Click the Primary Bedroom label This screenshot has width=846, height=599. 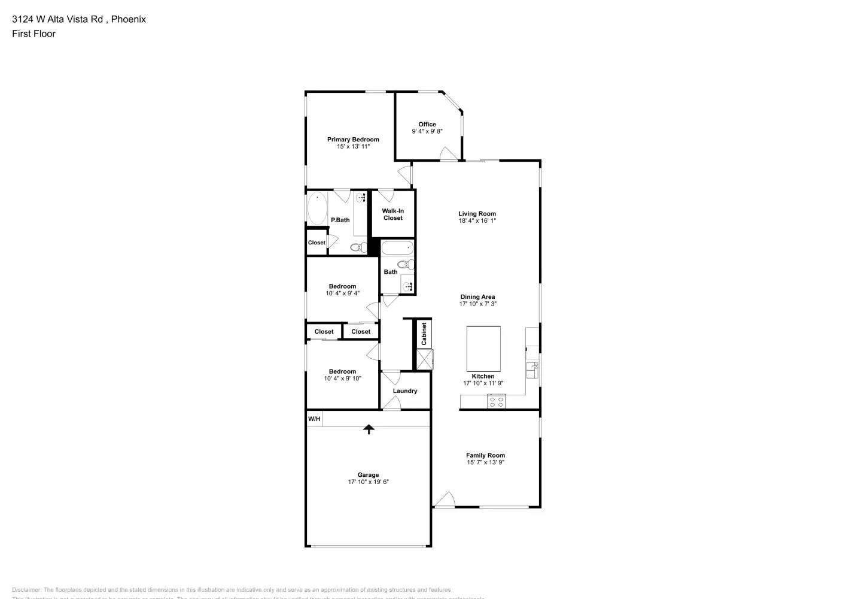pos(353,140)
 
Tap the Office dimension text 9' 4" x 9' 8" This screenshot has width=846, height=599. pos(427,132)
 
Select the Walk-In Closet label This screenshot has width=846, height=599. pos(393,214)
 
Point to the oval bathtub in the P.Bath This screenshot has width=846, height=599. pos(317,208)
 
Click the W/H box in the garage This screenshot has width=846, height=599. pos(314,419)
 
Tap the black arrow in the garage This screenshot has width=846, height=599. pos(369,429)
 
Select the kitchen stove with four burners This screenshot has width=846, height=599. pos(496,401)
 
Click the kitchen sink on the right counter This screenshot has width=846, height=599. pos(532,370)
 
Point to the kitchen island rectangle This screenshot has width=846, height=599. pos(483,349)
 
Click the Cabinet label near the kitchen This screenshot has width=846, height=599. pos(424,334)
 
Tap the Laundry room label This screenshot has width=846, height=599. pos(405,391)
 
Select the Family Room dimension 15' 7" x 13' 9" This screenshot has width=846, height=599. pos(486,462)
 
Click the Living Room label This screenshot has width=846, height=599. pos(477,214)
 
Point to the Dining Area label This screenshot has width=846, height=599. pos(477,297)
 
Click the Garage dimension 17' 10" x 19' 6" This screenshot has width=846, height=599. pos(369,482)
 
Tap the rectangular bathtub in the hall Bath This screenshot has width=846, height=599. pos(397,247)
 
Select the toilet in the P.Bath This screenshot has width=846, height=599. pos(358,247)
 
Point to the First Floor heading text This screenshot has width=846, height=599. pos(34,34)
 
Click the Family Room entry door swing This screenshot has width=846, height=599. pos(445,500)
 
